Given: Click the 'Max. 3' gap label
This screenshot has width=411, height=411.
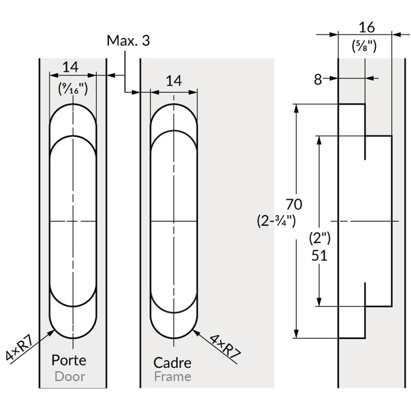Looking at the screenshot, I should tap(128, 41).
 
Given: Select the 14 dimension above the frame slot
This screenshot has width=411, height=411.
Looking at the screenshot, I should tap(174, 81).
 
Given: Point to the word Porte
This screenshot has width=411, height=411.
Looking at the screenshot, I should tap(68, 360).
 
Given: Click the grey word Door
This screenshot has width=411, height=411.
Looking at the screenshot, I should tap(69, 376).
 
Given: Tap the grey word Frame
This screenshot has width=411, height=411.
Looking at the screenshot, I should tap(172, 377).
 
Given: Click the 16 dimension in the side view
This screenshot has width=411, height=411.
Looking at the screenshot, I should tap(366, 27).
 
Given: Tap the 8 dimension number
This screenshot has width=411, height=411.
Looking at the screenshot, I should tap(318, 80).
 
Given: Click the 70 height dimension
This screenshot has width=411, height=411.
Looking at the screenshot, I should tap(294, 204).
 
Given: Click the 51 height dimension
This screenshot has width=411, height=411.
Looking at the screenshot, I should tap(320, 255).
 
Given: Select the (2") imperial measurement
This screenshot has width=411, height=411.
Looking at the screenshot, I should tap(320, 238).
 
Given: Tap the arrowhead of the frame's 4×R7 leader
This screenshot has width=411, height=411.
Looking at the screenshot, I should tap(195, 332).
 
